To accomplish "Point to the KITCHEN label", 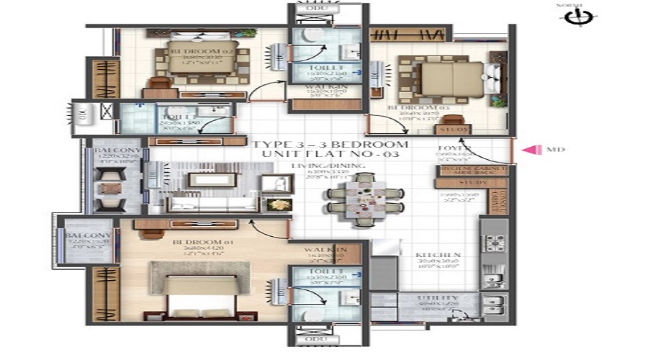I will coord(426,255).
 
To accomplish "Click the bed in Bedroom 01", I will coord(189,292).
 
